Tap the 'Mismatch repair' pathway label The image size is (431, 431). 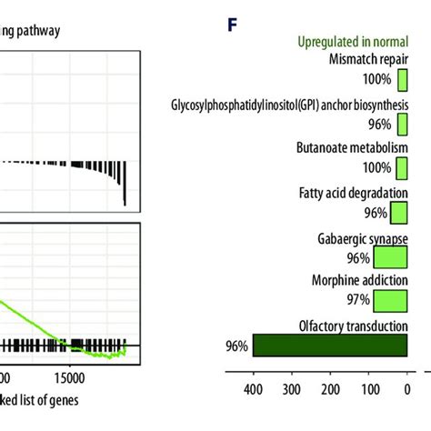(x=368, y=59)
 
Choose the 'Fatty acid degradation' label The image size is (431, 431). (x=357, y=193)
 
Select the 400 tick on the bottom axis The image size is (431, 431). (x=252, y=391)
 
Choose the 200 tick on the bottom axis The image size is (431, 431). (x=329, y=391)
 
